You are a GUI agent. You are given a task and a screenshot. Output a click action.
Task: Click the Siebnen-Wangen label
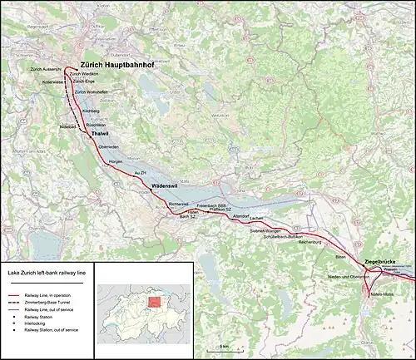point(267,229)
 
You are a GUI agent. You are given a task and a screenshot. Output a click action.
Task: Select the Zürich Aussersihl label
point(46,69)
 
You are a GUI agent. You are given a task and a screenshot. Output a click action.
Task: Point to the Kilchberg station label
point(92,109)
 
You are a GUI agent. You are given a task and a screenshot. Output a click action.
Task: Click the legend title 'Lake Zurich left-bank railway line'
point(47,272)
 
